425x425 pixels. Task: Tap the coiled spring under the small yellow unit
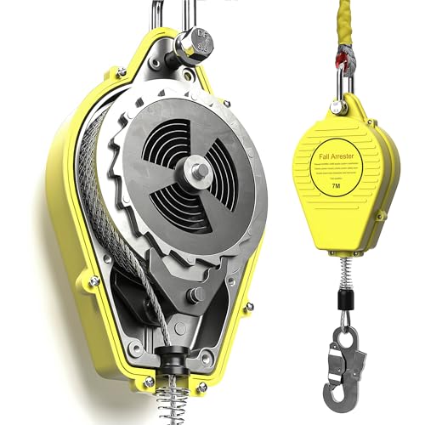click(342, 272)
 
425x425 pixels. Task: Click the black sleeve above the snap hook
click(343, 302)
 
